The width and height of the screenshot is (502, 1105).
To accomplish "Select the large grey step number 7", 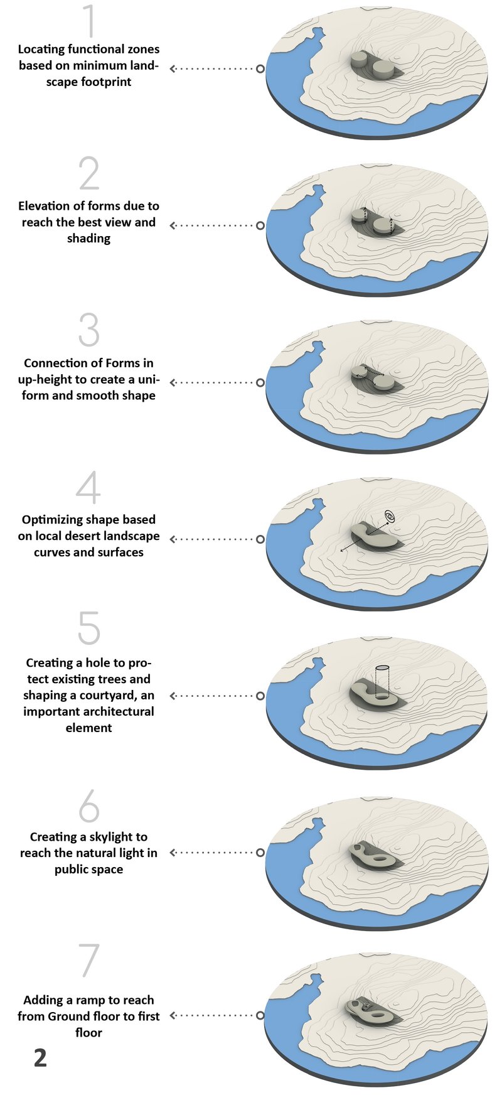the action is (x=88, y=959).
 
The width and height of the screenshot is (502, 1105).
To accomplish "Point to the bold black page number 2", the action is (x=40, y=1057).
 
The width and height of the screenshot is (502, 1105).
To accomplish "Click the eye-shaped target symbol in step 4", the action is (x=390, y=517).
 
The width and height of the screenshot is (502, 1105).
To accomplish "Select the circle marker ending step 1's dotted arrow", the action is (x=260, y=68).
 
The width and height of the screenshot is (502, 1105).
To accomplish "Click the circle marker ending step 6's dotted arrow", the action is (x=260, y=853).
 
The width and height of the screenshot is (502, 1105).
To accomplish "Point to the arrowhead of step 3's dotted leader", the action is (x=174, y=382).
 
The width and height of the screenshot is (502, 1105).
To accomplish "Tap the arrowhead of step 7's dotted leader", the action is (x=174, y=1015).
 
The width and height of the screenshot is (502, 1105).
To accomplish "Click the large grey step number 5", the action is (x=88, y=628).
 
